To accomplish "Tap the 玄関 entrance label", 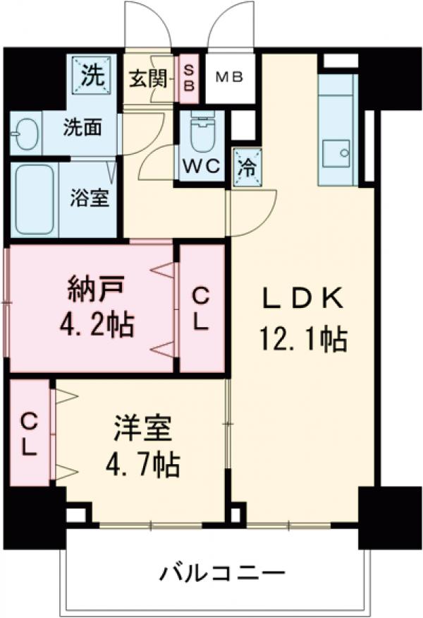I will point(148,78).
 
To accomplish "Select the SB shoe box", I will point(189,77).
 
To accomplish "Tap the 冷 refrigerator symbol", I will point(247,167).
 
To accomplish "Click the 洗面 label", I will point(82,129).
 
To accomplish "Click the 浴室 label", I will point(89,198).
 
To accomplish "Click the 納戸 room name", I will point(96,288).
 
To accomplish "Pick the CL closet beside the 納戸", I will point(201,309).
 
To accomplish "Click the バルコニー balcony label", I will point(221,571).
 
